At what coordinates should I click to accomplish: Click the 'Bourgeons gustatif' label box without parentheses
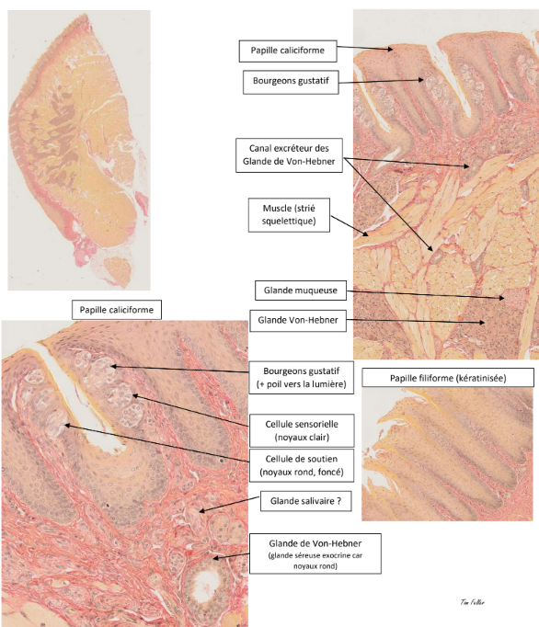pyautogui.click(x=291, y=83)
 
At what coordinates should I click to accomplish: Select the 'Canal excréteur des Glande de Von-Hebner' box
pyautogui.click(x=289, y=155)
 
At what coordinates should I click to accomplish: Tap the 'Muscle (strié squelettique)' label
pyautogui.click(x=289, y=215)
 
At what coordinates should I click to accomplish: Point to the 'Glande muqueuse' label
pyautogui.click(x=301, y=291)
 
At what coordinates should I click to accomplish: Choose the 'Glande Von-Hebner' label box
pyautogui.click(x=298, y=320)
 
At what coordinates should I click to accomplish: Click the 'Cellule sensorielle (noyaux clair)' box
pyautogui.click(x=302, y=430)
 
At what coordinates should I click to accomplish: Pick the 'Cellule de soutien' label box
pyautogui.click(x=302, y=465)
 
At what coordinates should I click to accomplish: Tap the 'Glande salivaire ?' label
pyautogui.click(x=305, y=501)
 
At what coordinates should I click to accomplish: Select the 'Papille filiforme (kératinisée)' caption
pyautogui.click(x=448, y=378)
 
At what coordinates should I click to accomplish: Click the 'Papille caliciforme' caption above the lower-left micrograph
pyautogui.click(x=117, y=310)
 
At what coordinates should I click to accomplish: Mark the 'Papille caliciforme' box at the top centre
pyautogui.click(x=288, y=51)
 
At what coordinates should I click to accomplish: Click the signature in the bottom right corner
pyautogui.click(x=472, y=602)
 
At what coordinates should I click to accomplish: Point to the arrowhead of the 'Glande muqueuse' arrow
pyautogui.click(x=502, y=298)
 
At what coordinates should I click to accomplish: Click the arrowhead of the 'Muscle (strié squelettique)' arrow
pyautogui.click(x=365, y=234)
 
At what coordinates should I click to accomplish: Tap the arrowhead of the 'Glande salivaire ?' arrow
pyautogui.click(x=202, y=510)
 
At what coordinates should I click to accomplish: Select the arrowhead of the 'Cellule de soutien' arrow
pyautogui.click(x=67, y=426)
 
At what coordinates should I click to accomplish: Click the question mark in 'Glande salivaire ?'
pyautogui.click(x=338, y=501)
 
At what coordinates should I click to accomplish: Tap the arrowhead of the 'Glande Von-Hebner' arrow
pyautogui.click(x=482, y=323)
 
